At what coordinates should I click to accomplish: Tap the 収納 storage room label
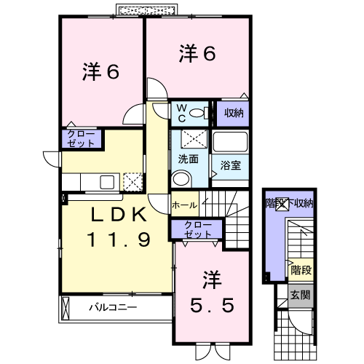click(x=234, y=113)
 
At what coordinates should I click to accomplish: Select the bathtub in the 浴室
click(x=230, y=142)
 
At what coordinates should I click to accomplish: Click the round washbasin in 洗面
click(x=181, y=179)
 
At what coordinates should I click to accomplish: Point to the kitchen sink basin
click(x=107, y=182)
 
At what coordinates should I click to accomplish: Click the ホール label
click(x=185, y=205)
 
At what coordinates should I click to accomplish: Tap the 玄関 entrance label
click(x=301, y=296)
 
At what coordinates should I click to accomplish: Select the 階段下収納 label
click(x=289, y=203)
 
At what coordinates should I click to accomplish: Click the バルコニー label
click(x=113, y=307)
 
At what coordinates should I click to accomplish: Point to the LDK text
click(x=119, y=215)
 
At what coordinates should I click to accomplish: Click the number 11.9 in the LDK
click(x=119, y=240)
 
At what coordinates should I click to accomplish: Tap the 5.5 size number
click(x=212, y=305)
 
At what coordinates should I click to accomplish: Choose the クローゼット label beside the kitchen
click(x=81, y=139)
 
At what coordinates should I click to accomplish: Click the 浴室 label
click(x=230, y=165)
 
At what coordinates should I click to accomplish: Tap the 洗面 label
click(x=189, y=159)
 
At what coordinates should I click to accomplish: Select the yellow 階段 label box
click(x=301, y=270)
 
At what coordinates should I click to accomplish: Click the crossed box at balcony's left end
click(x=66, y=308)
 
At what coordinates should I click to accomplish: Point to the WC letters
click(x=181, y=113)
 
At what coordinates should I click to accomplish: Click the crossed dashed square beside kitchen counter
click(x=132, y=182)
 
